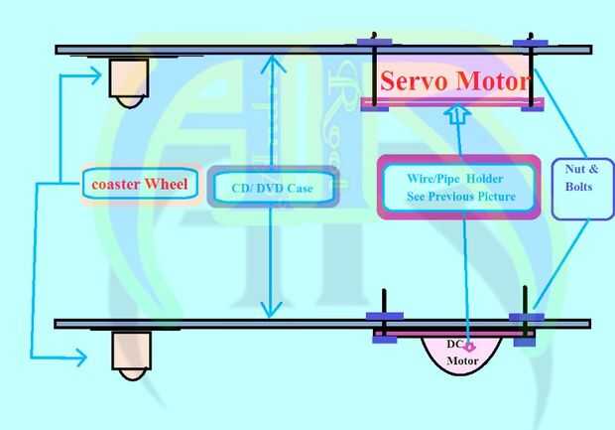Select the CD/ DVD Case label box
coord(272,187)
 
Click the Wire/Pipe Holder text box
coord(459,187)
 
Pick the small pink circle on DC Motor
coord(470,347)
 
